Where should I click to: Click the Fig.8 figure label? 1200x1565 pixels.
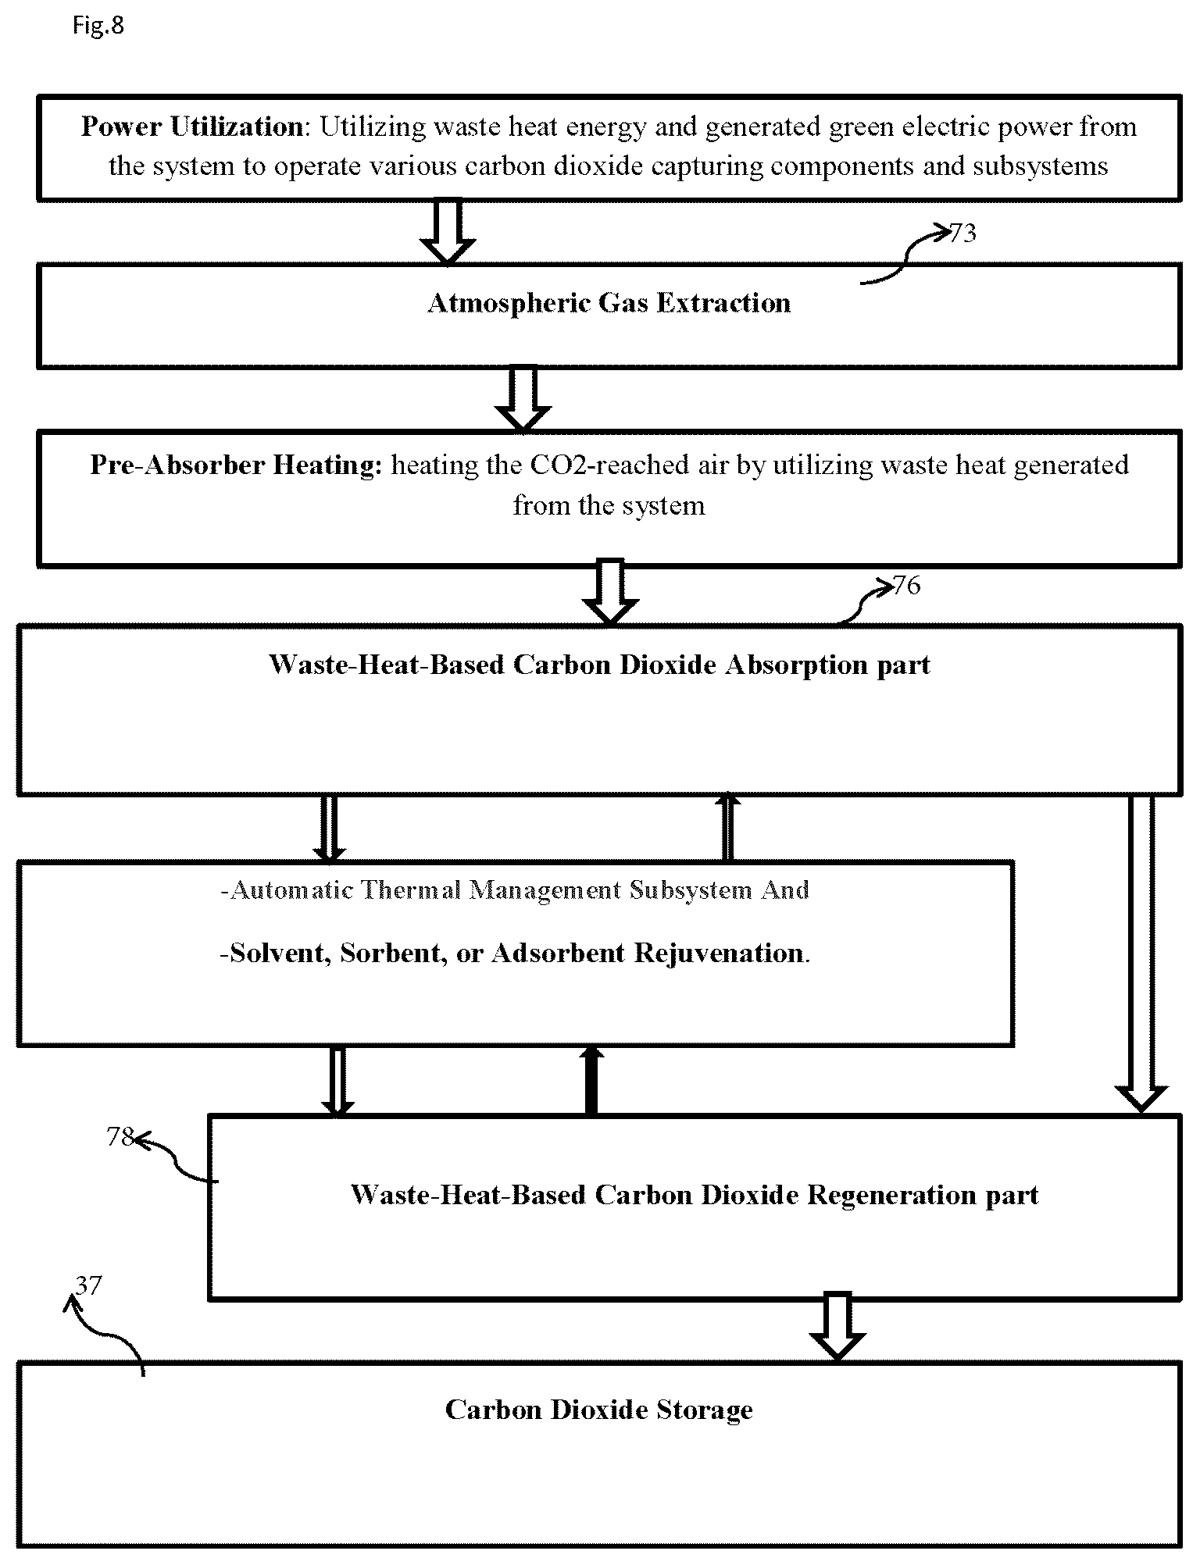98,26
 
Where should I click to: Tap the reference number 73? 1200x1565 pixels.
962,233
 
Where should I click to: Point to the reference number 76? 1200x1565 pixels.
906,585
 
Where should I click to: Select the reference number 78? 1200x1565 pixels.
120,1136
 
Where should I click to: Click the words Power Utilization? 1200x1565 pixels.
192,127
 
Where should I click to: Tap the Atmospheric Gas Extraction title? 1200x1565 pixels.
609,303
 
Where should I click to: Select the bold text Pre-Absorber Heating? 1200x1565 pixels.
236,465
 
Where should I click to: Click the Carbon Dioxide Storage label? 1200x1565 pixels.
598,1410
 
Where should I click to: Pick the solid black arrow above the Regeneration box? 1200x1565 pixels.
591,1080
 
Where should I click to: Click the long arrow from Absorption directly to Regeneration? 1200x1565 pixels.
1141,953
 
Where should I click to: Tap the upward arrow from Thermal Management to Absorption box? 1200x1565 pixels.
728,827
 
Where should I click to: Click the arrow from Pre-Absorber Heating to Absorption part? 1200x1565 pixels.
611,593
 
